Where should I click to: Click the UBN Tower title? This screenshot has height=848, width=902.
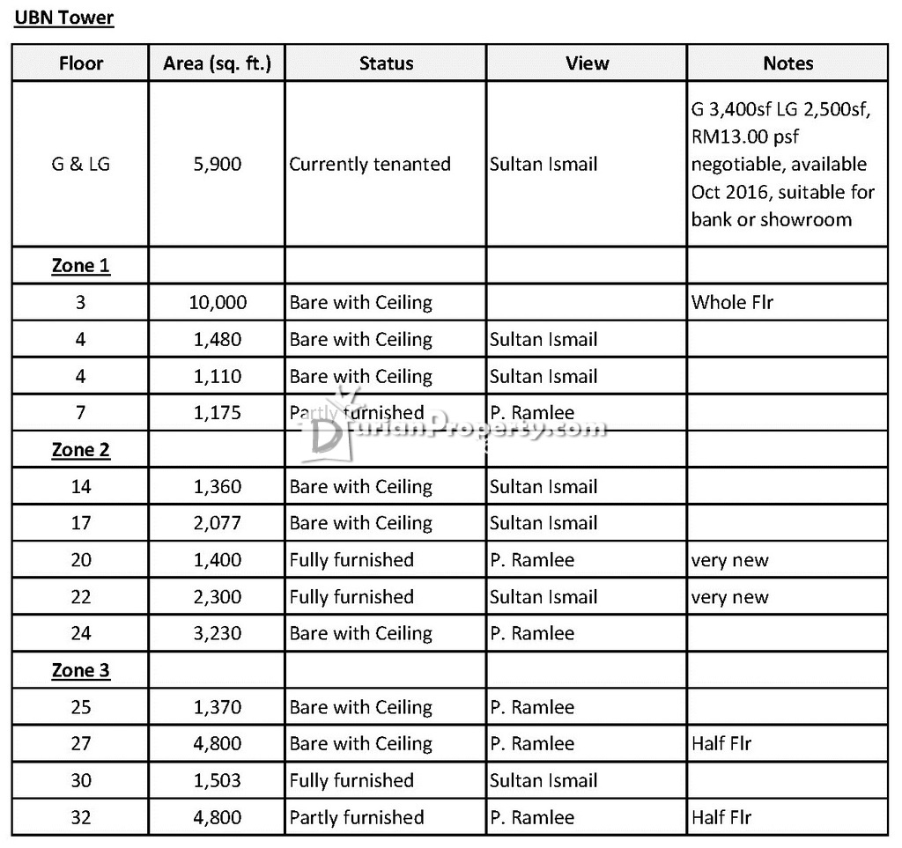63,18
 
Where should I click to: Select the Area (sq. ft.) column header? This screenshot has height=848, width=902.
217,63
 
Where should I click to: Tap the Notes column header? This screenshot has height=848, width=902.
787,63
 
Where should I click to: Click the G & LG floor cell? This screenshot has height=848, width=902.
81,164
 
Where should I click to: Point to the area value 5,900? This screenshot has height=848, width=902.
217,164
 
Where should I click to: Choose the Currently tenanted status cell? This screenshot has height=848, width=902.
370,164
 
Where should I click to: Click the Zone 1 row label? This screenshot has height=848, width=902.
81,265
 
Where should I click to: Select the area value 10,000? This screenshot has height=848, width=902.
217,302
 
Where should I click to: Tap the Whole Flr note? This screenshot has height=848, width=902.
732,302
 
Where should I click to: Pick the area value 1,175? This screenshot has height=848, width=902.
217,413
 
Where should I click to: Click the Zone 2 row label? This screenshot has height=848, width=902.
81,450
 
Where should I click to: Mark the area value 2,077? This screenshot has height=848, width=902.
217,523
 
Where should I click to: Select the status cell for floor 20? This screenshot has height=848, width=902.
351,560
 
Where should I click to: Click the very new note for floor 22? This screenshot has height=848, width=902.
729,597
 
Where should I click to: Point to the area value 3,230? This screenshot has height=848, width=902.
217,633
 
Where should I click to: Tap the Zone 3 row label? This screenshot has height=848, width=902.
81,670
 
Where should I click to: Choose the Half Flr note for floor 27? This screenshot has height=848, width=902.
721,743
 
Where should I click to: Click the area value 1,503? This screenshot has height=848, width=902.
217,780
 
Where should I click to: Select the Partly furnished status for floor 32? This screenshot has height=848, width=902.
357,817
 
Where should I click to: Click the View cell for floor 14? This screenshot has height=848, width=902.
543,487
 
